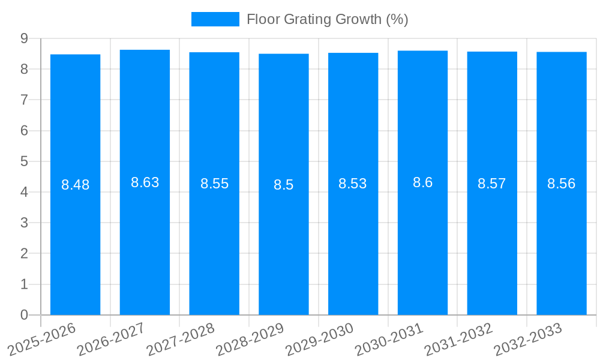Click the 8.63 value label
tap(145, 182)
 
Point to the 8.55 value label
tap(214, 184)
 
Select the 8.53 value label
tap(353, 184)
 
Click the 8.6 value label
tap(422, 182)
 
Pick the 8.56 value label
tap(561, 184)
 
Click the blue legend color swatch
tap(215, 19)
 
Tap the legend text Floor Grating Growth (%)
tap(327, 19)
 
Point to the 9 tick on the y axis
tap(24, 38)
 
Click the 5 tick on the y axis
tap(24, 161)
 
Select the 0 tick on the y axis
tap(24, 315)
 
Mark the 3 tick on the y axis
tap(24, 223)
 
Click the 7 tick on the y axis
tap(24, 100)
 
